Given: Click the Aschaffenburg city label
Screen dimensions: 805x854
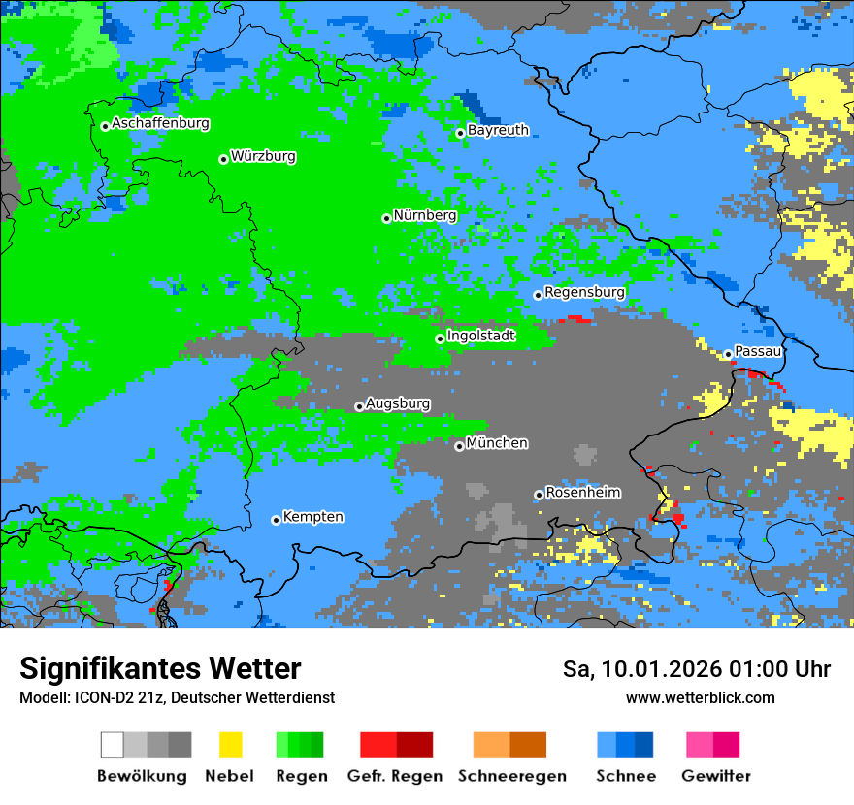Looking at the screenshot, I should (x=160, y=123).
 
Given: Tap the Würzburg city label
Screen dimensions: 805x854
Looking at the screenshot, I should (x=263, y=156).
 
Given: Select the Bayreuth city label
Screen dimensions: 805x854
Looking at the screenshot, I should (x=498, y=130).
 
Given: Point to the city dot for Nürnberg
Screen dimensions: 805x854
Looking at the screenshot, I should (x=386, y=218).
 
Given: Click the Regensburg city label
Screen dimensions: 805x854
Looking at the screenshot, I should (x=584, y=292).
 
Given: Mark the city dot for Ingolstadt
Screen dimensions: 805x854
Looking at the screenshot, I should (x=440, y=338).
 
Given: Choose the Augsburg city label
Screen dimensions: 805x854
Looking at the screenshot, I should (x=398, y=403).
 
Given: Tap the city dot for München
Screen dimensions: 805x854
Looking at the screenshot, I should (x=459, y=446).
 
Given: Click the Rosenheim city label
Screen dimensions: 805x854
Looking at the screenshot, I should (x=582, y=493).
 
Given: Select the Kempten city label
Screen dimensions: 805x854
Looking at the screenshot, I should (x=312, y=517).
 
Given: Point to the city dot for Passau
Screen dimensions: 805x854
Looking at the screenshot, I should (x=727, y=354).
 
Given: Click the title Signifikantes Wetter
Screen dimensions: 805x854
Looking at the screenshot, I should (x=160, y=669).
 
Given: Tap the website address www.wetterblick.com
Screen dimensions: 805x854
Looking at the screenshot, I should (x=700, y=698).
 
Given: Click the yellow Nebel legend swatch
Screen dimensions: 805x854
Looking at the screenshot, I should (x=230, y=745).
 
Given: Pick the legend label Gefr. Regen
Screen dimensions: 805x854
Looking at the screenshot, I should (x=394, y=776).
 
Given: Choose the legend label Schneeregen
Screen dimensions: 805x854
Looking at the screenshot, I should (x=511, y=776).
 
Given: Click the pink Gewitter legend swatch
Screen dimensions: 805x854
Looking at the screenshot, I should (x=700, y=745).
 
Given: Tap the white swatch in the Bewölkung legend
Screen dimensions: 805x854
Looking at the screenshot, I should (x=113, y=745).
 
